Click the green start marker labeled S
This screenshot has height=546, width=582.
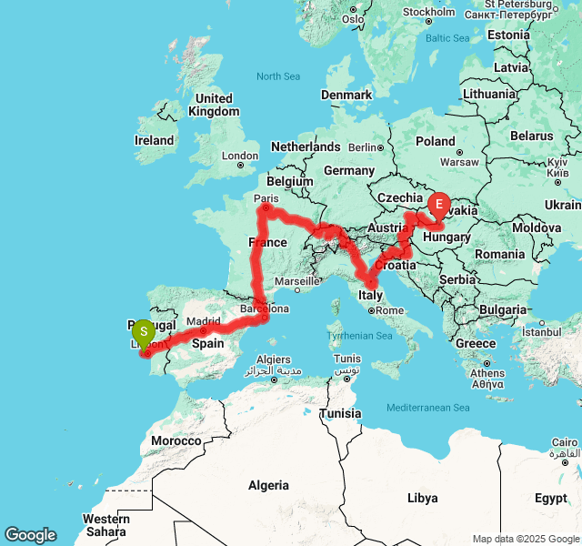coord(144,332)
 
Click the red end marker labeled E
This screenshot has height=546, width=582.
coord(439,204)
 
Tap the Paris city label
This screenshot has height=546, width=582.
coord(266,197)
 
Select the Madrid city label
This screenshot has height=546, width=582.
coord(204,321)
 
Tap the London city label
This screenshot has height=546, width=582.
coord(240,156)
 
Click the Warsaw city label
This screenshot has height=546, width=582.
coord(459,163)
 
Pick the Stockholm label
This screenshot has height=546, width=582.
coord(428,12)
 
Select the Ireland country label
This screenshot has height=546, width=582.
coord(154,140)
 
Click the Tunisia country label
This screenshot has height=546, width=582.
coord(340,413)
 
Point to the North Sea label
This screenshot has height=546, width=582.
coord(278,76)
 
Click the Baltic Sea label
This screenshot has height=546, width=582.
coord(448,38)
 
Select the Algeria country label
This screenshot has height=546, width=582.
coord(268,485)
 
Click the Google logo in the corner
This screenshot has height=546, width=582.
coord(30,535)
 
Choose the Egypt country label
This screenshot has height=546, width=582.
coord(550,498)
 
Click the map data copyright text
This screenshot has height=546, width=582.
coord(525,539)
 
